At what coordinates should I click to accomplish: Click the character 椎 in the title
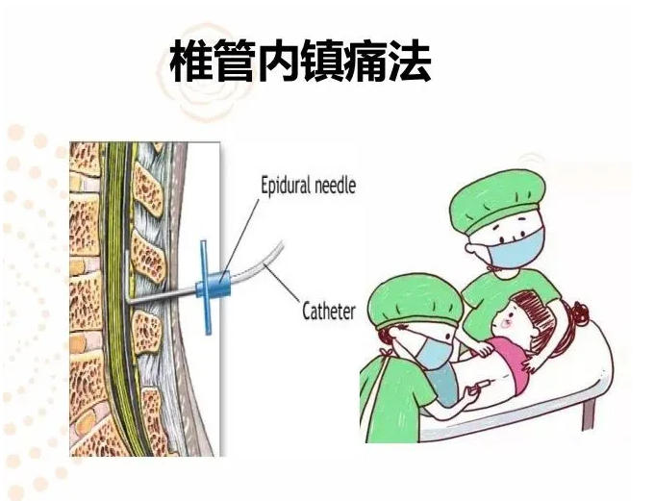191,61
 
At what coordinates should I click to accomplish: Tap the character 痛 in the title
365,61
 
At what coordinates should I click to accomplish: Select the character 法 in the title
410,61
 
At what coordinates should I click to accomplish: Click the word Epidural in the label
286,185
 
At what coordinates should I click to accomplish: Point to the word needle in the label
335,185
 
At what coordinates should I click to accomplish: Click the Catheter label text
329,312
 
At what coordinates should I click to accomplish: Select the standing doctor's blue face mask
518,249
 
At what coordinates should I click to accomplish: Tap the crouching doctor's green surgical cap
415,301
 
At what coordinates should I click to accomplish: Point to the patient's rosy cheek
509,323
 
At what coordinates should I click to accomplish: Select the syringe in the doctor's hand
480,385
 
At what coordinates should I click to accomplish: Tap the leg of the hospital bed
588,413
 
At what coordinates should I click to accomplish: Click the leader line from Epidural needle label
240,237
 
